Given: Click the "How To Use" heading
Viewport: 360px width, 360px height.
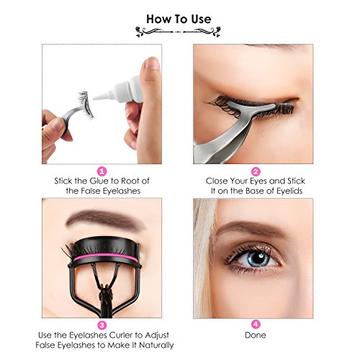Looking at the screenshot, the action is click(x=179, y=19).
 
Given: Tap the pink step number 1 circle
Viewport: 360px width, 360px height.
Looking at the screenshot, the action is click(x=102, y=171).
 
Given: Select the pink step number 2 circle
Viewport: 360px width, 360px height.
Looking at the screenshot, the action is click(x=256, y=171).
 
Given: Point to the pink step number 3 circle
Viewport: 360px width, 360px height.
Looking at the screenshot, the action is click(x=102, y=325).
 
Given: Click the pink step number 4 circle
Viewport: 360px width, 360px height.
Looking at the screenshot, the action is click(x=256, y=324).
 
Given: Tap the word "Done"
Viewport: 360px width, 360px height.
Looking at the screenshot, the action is click(x=256, y=335).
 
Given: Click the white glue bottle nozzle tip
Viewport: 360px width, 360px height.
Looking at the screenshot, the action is click(x=94, y=98).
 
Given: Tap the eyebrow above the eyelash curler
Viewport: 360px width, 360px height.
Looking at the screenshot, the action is click(x=104, y=219).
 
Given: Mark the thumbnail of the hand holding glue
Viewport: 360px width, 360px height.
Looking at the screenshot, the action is click(x=152, y=63).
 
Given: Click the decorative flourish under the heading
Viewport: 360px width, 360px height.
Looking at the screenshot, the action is click(x=178, y=32).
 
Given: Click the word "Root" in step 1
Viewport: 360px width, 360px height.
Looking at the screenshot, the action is click(x=129, y=181).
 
